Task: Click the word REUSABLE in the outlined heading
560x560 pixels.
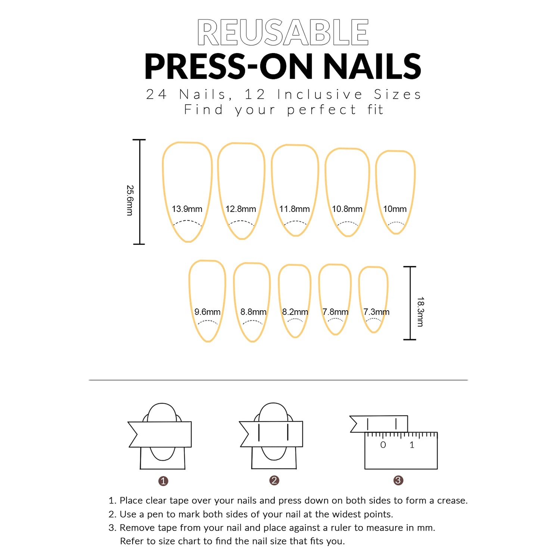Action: point(283,32)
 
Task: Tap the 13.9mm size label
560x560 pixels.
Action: point(187,209)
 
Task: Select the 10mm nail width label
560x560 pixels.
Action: point(395,209)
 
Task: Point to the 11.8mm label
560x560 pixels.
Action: point(294,209)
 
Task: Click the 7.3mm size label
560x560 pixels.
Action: point(376,312)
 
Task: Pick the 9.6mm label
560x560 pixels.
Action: point(207,312)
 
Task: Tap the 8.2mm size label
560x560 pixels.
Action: point(295,312)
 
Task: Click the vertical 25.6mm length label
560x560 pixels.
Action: point(130,200)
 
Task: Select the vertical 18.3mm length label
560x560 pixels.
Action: point(421,312)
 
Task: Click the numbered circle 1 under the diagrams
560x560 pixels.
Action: point(163,481)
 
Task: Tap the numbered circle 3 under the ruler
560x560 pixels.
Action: point(398,480)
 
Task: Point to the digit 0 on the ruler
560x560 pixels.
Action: point(383,445)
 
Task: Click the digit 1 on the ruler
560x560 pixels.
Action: point(412,445)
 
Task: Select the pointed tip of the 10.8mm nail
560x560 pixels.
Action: point(348,235)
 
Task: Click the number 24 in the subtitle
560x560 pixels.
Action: point(156,94)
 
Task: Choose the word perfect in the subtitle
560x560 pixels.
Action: point(321,110)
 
